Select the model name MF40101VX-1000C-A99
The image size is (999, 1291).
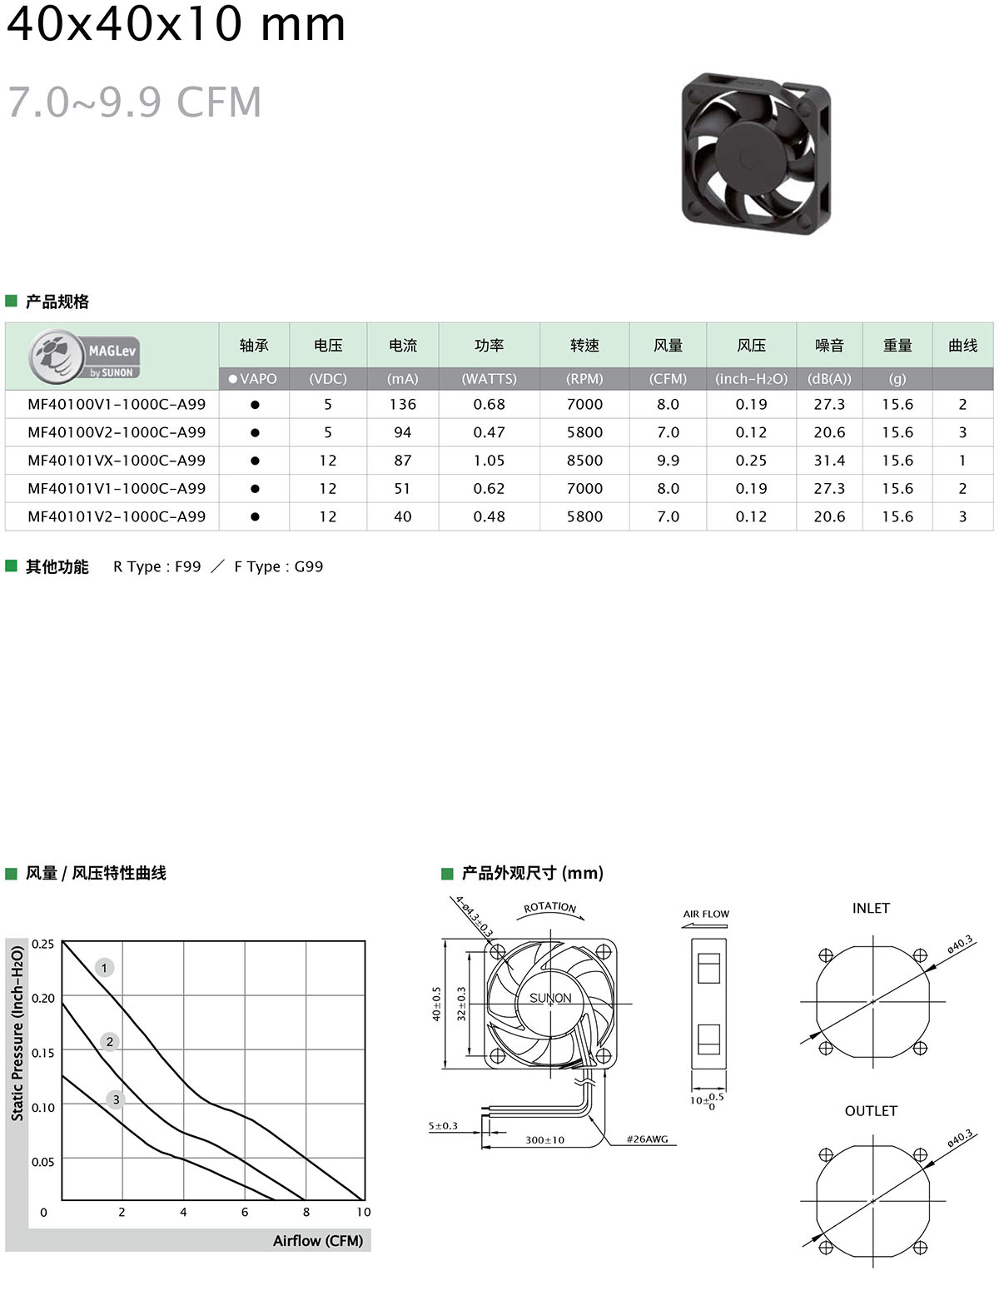[117, 461]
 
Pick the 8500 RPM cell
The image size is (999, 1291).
[584, 461]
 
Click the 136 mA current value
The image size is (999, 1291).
[402, 405]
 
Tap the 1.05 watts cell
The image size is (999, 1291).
[489, 461]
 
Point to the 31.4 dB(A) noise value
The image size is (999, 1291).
[828, 461]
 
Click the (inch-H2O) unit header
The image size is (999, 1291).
[751, 379]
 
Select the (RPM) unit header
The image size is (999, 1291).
[584, 379]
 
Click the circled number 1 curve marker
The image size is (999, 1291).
[104, 968]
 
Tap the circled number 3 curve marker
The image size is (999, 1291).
[116, 1099]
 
